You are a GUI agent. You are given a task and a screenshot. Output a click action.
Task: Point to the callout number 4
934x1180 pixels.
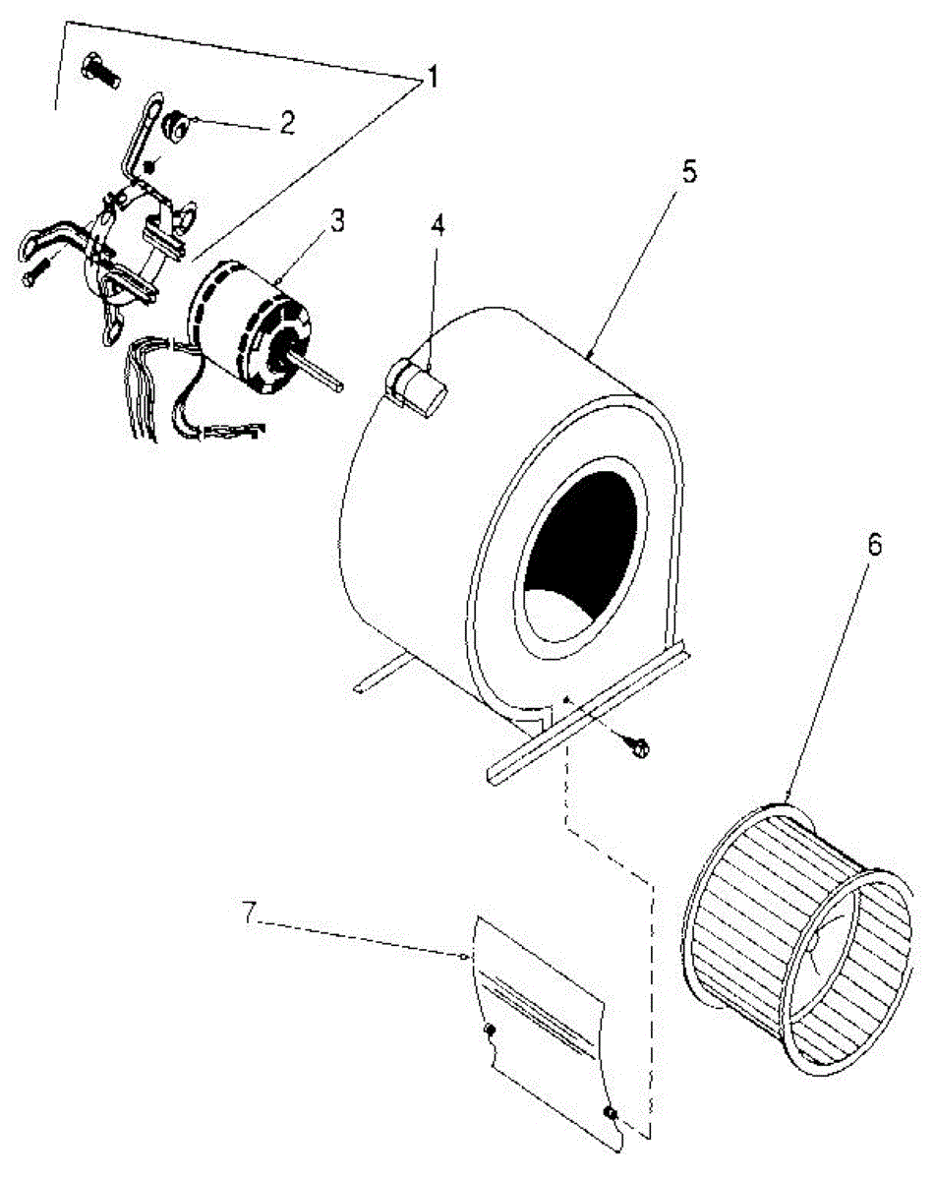tap(438, 226)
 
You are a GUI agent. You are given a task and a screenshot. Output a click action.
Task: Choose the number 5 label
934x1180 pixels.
tap(687, 172)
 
